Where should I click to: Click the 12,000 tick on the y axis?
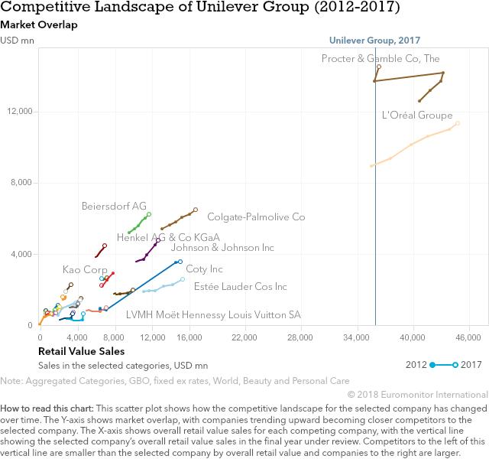(x=19, y=112)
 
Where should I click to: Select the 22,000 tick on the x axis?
(x=244, y=337)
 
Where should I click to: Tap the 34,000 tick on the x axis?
(x=357, y=337)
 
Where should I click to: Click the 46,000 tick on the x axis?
(x=468, y=337)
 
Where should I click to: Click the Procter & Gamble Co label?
(x=381, y=58)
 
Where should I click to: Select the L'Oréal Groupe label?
(x=416, y=116)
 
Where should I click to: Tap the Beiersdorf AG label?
(x=114, y=206)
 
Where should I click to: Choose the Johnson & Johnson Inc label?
(x=222, y=248)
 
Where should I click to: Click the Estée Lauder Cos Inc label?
(x=241, y=287)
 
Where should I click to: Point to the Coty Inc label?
(x=205, y=269)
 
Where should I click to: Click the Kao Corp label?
(x=85, y=269)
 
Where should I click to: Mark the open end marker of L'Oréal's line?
(x=457, y=123)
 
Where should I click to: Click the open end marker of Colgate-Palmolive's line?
(x=196, y=210)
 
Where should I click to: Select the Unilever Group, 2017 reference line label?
(x=374, y=41)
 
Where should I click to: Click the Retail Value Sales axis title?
(x=81, y=351)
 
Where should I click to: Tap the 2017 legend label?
(x=471, y=365)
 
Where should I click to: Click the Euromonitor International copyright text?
(x=417, y=394)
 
